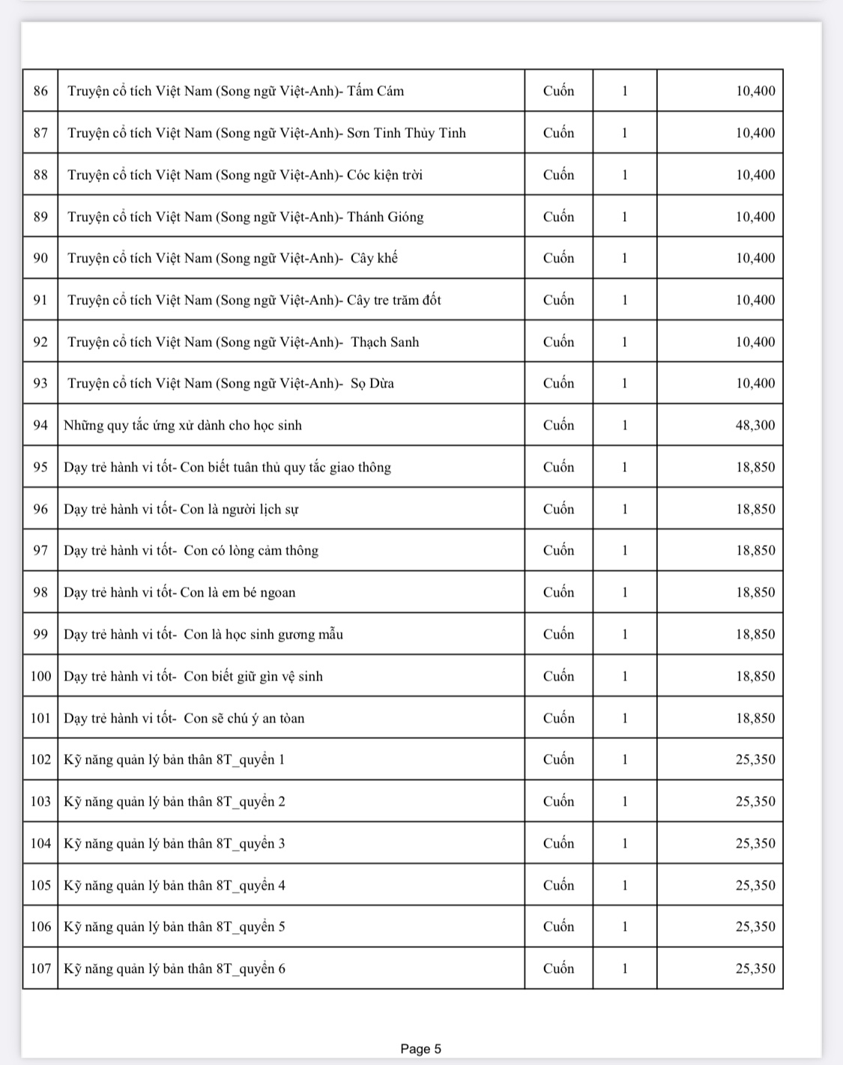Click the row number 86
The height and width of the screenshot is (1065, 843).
(x=40, y=91)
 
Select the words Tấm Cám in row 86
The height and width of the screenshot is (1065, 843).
(x=375, y=91)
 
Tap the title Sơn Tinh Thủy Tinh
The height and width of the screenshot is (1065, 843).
(x=406, y=133)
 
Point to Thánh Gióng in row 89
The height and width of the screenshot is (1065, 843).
(x=385, y=217)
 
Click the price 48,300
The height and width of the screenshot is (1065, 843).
(x=755, y=426)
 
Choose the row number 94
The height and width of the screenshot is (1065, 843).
(x=40, y=426)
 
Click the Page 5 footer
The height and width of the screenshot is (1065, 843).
(x=420, y=1049)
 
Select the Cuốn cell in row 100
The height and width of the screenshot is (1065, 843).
(x=558, y=677)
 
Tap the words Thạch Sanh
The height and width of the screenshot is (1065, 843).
(x=384, y=343)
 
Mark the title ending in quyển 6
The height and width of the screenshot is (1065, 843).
(x=175, y=969)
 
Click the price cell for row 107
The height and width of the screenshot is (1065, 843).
(x=755, y=969)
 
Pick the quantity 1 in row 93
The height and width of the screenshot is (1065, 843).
(x=624, y=384)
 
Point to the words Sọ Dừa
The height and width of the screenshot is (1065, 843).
(x=372, y=384)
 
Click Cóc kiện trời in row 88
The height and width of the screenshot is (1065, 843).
(x=384, y=175)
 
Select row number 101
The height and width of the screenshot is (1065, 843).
(x=40, y=719)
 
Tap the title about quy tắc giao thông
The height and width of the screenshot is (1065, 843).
(x=227, y=468)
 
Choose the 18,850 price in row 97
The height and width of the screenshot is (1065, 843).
(x=755, y=551)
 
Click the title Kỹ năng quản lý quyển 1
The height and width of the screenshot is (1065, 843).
(x=175, y=760)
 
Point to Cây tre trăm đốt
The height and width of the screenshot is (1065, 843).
(x=393, y=301)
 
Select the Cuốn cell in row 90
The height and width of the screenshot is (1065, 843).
(x=558, y=259)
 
